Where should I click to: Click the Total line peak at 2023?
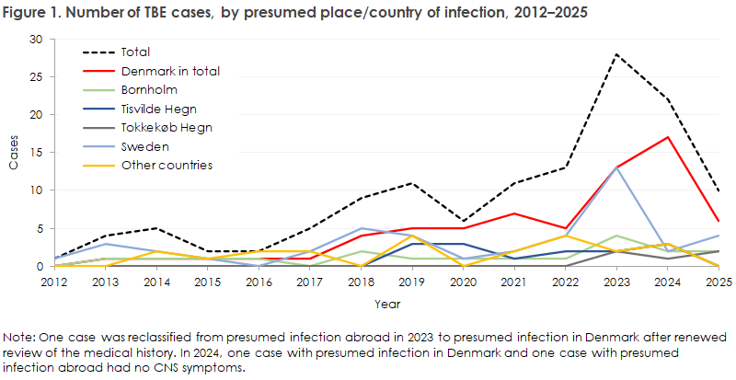click(x=615, y=55)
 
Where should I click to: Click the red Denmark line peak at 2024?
click(x=667, y=138)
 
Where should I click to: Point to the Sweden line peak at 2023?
click(x=615, y=168)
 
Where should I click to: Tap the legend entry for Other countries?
click(x=167, y=165)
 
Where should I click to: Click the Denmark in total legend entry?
click(x=170, y=71)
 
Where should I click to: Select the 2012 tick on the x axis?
click(x=55, y=281)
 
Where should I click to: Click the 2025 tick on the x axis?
click(x=718, y=281)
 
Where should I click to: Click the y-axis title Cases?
click(x=14, y=153)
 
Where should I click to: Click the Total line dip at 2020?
click(x=463, y=221)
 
